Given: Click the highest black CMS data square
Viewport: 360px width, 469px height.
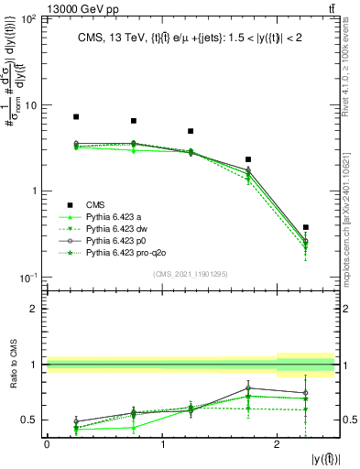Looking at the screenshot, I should point(76,117).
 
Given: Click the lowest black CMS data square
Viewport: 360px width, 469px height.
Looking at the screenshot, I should point(305,227).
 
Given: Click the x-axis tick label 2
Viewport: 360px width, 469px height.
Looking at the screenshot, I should point(278,443).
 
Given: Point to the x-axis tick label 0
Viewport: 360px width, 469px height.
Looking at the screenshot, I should point(47,443).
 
